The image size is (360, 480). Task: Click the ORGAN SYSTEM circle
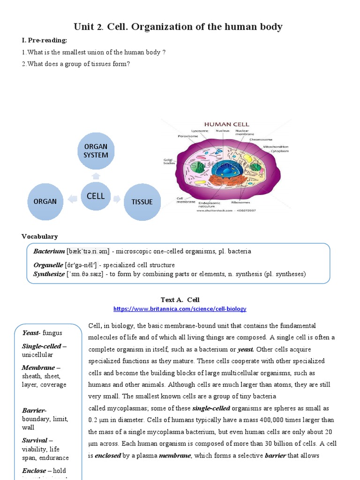(x=96, y=151)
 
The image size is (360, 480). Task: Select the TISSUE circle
(x=142, y=202)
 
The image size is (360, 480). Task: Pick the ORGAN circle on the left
(x=45, y=202)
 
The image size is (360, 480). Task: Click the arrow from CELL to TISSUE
(x=117, y=199)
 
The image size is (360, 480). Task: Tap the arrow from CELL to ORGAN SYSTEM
(x=95, y=175)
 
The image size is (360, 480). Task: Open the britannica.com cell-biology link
(x=180, y=309)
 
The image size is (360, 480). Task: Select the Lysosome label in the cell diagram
(x=199, y=131)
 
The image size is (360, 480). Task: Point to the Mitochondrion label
(x=275, y=146)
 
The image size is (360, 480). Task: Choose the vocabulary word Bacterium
(x=49, y=251)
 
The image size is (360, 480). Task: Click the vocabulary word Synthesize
(x=49, y=274)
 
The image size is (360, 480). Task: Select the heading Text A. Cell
(x=180, y=300)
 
